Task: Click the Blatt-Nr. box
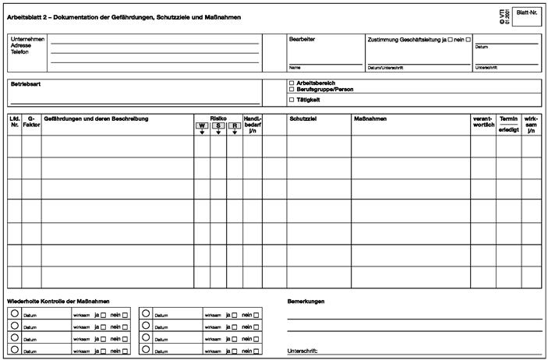(527, 15)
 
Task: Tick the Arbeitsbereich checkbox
(292, 83)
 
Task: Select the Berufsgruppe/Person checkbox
(292, 90)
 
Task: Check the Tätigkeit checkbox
(292, 100)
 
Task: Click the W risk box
(202, 125)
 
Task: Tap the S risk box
(218, 125)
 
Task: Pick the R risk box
(235, 125)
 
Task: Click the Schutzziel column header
(302, 118)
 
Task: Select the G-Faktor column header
(31, 122)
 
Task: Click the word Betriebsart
(26, 83)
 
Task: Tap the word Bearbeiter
(302, 38)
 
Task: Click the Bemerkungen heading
(306, 301)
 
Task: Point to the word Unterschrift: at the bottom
(302, 351)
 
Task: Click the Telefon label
(20, 51)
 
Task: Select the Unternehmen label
(27, 39)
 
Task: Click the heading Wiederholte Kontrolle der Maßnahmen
(58, 301)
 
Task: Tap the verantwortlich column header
(483, 122)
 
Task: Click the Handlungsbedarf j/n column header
(253, 125)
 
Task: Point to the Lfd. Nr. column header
(14, 122)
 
